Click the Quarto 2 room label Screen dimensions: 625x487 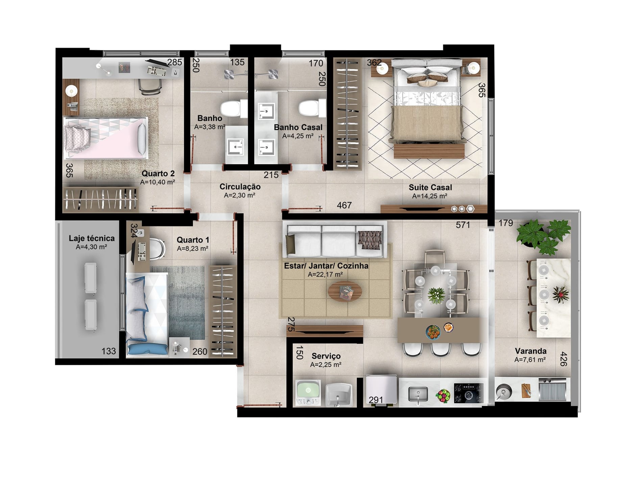pos(158,173)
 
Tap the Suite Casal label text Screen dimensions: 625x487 pos(430,187)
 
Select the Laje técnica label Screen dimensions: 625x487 pos(92,238)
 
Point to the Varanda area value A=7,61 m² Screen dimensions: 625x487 pos(530,360)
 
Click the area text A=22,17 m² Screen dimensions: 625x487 pos(325,275)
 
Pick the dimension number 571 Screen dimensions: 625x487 pos(463,225)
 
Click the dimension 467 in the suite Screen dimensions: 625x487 pos(344,205)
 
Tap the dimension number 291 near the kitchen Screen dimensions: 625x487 pos(376,400)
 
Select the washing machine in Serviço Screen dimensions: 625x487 pos(308,393)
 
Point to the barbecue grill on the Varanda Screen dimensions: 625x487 pos(552,389)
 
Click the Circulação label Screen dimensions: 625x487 pos(240,187)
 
